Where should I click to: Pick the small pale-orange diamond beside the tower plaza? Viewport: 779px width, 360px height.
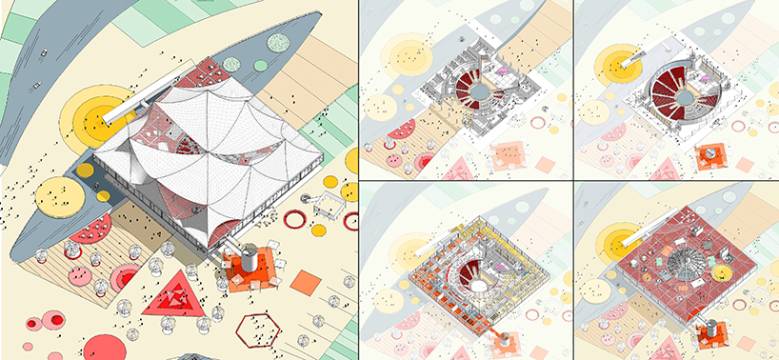(305, 283)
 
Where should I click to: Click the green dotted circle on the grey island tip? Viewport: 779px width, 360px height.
(278, 44)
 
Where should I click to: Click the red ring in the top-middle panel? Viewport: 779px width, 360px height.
(538, 123)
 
